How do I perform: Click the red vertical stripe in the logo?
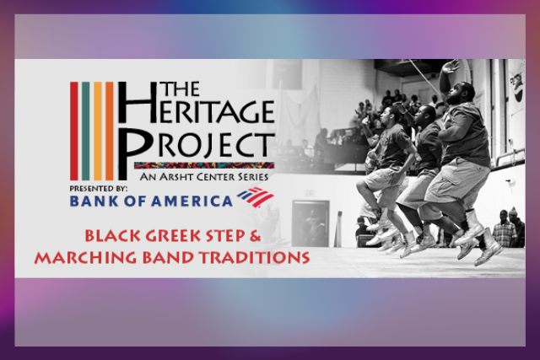point(74,131)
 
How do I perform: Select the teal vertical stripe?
point(86,131)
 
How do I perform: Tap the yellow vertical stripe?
point(98,131)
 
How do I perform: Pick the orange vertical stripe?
point(109,131)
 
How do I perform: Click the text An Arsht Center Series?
point(204,177)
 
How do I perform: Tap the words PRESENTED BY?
point(99,189)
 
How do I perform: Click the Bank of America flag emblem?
point(255,197)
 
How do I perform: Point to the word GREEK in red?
point(170,236)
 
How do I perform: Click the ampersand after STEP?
point(255,236)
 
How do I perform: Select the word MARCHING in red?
point(85,257)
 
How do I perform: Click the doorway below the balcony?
point(310,223)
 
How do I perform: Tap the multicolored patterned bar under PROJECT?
point(204,165)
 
